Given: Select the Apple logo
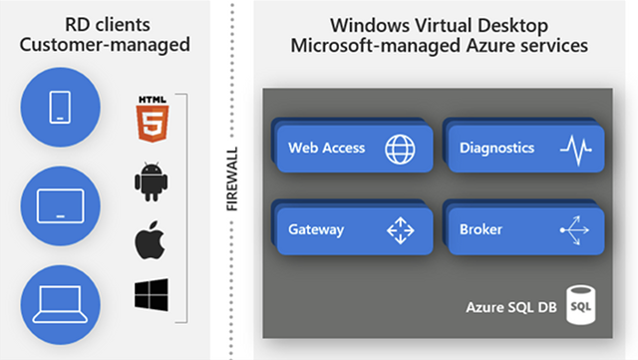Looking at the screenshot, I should point(149,238).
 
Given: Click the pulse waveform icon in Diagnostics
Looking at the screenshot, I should point(575,150).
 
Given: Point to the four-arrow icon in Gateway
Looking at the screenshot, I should point(400,230).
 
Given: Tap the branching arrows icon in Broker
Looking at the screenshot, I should point(575,230).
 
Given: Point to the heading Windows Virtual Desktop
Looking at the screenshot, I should point(438,24).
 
